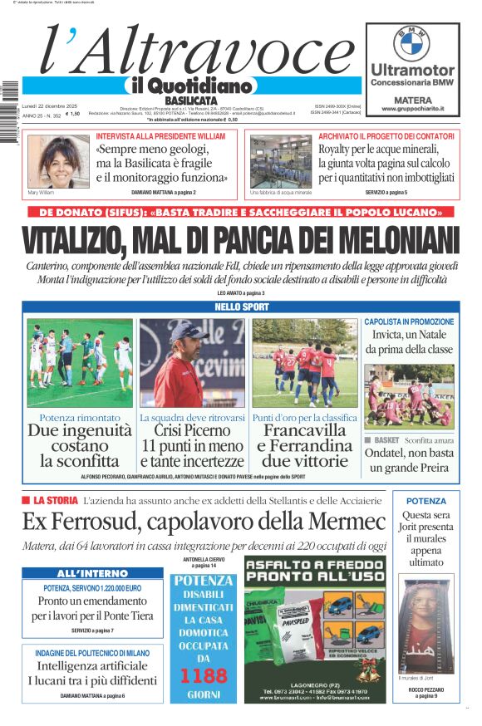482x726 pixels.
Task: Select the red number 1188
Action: tap(204, 675)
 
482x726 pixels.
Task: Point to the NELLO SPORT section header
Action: tap(240, 307)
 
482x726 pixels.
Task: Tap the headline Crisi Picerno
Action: tap(192, 431)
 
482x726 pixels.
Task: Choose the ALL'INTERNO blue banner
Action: tap(93, 573)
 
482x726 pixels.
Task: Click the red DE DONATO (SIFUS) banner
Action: tap(240, 212)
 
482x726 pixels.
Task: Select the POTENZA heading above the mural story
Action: tap(425, 501)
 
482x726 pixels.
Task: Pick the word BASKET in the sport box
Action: tap(386, 439)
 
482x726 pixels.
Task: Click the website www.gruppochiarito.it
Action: tap(412, 109)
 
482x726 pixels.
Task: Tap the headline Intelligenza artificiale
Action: tap(92, 665)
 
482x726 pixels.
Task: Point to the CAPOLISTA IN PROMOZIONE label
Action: tap(409, 321)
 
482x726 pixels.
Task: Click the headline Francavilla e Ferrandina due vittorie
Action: tap(304, 445)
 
